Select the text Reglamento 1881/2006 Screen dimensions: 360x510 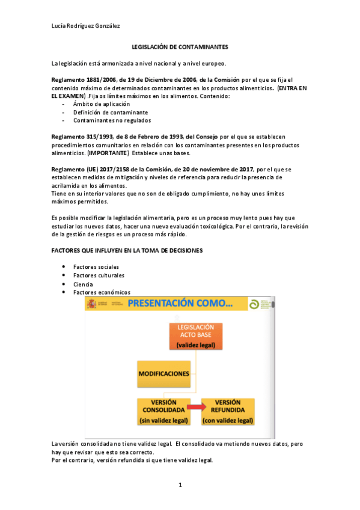(x=84, y=80)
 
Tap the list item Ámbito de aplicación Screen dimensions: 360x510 (x=101, y=104)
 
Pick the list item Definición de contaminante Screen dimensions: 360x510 (x=110, y=112)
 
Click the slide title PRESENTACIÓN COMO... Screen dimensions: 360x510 (x=180, y=304)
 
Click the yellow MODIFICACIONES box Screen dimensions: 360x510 (x=164, y=373)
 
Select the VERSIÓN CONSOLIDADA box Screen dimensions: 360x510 (x=163, y=411)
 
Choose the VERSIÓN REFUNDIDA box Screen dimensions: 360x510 (x=227, y=411)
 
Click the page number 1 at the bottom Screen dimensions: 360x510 (x=180, y=485)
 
